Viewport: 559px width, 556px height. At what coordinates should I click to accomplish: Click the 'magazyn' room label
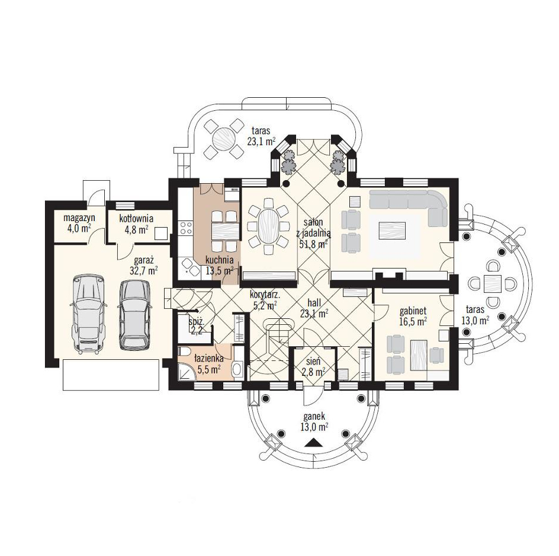click(79, 218)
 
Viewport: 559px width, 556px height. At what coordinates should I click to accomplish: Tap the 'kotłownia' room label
click(136, 218)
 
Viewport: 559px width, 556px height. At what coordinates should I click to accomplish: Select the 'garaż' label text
click(144, 260)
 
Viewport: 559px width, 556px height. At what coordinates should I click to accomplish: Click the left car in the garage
click(88, 314)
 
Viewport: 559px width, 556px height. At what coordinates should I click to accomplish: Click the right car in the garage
click(134, 314)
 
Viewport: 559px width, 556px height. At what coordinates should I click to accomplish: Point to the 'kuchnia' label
click(220, 260)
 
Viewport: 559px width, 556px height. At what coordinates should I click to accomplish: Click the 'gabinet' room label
click(413, 311)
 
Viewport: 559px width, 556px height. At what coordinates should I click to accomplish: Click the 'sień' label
click(313, 362)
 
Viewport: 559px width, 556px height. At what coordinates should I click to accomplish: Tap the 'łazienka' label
click(209, 358)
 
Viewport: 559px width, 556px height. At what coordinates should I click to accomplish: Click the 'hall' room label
click(314, 303)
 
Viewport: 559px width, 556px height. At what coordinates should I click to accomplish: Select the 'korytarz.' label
click(265, 295)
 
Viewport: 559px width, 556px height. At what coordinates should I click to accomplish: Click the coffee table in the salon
click(392, 231)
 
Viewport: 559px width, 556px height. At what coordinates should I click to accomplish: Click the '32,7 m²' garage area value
click(144, 270)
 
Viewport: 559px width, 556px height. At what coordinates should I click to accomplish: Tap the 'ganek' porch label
click(314, 417)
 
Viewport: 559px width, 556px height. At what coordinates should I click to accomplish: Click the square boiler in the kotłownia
click(162, 234)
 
